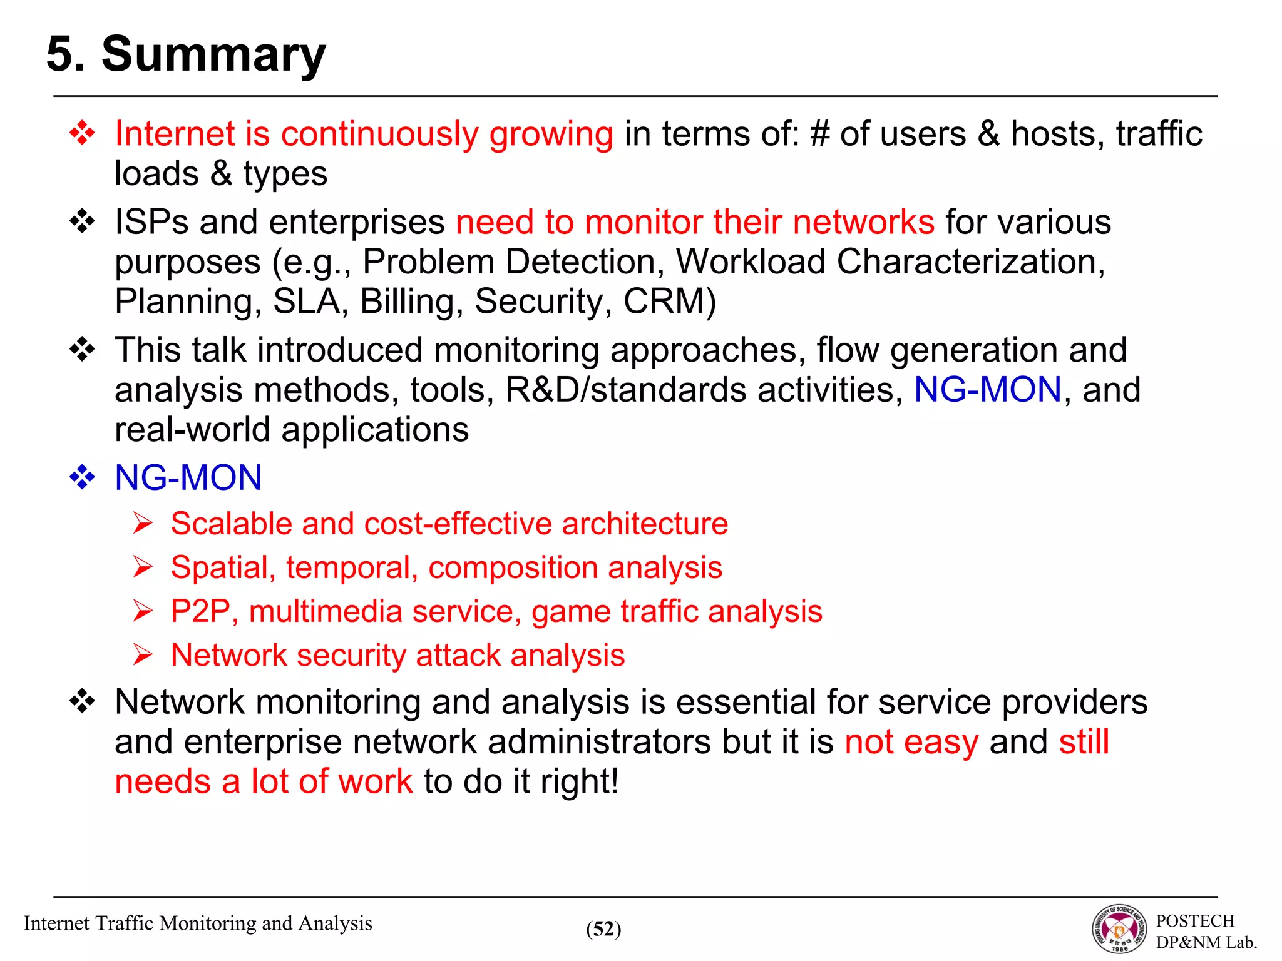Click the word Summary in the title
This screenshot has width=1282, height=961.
(213, 55)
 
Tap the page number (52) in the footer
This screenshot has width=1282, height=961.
(603, 929)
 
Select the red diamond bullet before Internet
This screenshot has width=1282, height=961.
(82, 133)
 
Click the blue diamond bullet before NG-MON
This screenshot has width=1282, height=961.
(82, 478)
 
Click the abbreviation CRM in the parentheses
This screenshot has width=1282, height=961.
(664, 302)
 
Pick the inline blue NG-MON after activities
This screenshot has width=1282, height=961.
(987, 390)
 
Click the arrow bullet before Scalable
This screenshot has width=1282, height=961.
(143, 523)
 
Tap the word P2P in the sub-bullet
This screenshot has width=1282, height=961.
(200, 611)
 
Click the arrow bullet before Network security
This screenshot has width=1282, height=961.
(143, 655)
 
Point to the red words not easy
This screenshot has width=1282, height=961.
(911, 742)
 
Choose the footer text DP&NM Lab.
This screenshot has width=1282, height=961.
(1206, 942)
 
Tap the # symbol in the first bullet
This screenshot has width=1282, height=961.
(819, 134)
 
